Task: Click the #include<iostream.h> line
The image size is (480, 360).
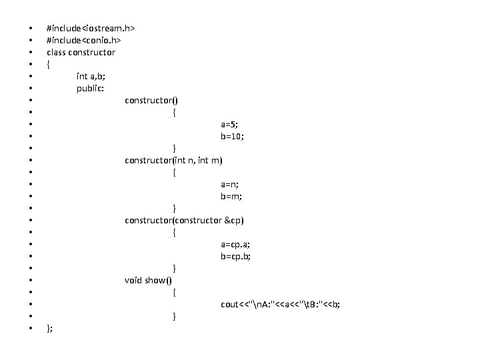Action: (91, 29)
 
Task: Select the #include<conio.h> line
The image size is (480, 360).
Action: (84, 41)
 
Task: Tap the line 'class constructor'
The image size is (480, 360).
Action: (81, 53)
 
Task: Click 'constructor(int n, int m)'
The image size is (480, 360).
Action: (174, 161)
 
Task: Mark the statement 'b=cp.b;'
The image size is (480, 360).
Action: (236, 257)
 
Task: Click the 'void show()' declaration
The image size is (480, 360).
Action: (148, 281)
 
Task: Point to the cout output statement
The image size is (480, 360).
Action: (280, 305)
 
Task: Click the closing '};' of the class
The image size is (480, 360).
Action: (50, 329)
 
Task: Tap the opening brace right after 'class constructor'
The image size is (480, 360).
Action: (48, 65)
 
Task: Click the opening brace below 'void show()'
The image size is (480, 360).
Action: (174, 293)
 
